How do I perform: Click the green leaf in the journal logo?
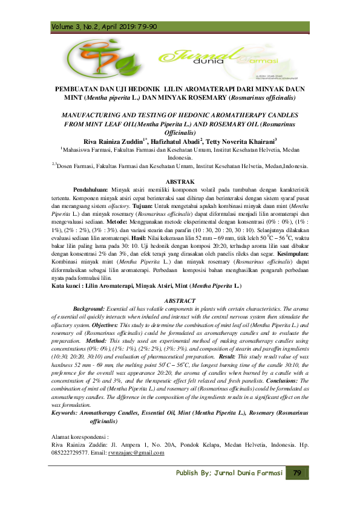129,62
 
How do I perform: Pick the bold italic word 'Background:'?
91,308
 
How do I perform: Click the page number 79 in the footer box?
296,472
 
